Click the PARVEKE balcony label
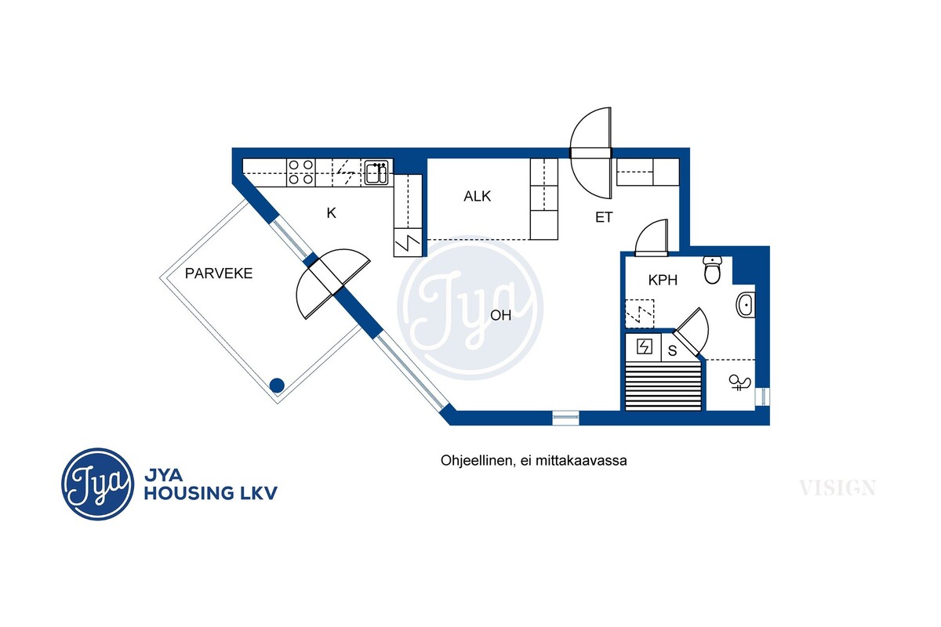click(219, 274)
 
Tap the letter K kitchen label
click(332, 213)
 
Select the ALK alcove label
click(478, 196)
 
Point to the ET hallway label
click(604, 217)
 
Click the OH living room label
click(501, 315)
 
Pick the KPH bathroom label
click(663, 280)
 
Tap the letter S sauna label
click(672, 350)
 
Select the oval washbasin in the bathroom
click(745, 305)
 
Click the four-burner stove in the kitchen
click(301, 172)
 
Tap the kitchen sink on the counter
click(376, 172)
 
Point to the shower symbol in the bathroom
click(739, 382)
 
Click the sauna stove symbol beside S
click(644, 347)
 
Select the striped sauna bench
click(663, 386)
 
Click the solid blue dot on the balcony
click(277, 385)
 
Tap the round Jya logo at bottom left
click(97, 484)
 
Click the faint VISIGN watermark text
click(837, 488)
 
